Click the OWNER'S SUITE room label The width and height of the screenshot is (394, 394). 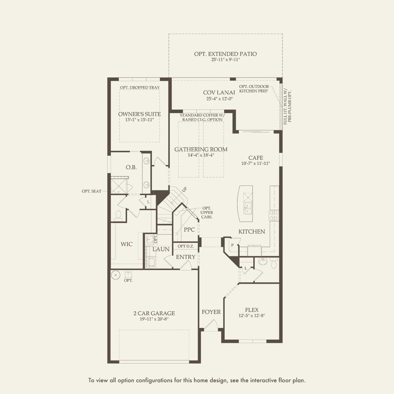tap(139, 114)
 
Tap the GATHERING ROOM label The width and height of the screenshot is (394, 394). tap(201, 149)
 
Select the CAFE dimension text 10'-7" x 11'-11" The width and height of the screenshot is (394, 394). tap(255, 163)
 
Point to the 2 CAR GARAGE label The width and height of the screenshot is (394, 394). tap(154, 313)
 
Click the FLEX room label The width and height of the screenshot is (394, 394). tap(252, 310)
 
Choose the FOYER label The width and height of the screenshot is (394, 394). tap(211, 312)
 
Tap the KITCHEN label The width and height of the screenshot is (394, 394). tap(252, 232)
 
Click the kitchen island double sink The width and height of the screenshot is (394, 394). tap(248, 208)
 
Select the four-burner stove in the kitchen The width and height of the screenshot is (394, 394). tap(274, 215)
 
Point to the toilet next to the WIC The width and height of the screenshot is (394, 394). tap(118, 216)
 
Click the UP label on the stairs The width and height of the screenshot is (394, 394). tap(184, 189)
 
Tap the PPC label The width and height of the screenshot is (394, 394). tap(189, 230)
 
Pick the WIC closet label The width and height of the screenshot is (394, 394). tap(126, 244)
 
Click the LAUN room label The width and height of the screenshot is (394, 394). tap(161, 249)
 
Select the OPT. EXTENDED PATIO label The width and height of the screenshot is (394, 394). tap(226, 54)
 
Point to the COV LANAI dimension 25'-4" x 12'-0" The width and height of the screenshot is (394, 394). tap(220, 99)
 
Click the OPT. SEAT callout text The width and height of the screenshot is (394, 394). tap(92, 191)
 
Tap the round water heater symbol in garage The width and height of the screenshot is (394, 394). tap(116, 275)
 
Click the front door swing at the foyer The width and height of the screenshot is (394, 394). tap(211, 325)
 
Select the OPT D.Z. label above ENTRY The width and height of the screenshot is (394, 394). tap(186, 246)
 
